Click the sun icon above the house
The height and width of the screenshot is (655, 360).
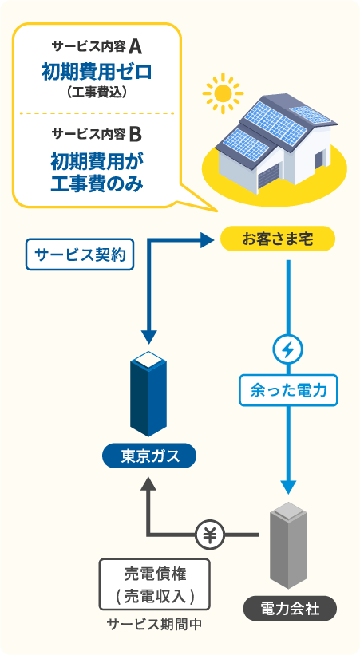[x=222, y=95]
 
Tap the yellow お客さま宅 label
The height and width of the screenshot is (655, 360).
[x=277, y=238]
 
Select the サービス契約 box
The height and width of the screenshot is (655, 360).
[x=80, y=255]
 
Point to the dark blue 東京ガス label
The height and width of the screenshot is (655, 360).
[x=149, y=456]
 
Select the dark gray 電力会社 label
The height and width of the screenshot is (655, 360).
[x=290, y=609]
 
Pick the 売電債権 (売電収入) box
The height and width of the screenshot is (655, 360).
[x=155, y=584]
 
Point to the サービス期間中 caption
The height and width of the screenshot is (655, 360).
[x=154, y=624]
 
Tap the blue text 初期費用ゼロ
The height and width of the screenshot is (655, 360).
[x=97, y=73]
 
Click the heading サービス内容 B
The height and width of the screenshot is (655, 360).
[x=97, y=132]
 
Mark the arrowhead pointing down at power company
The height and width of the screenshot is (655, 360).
[x=288, y=487]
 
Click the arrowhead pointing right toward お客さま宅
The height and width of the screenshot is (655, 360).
[x=207, y=238]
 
